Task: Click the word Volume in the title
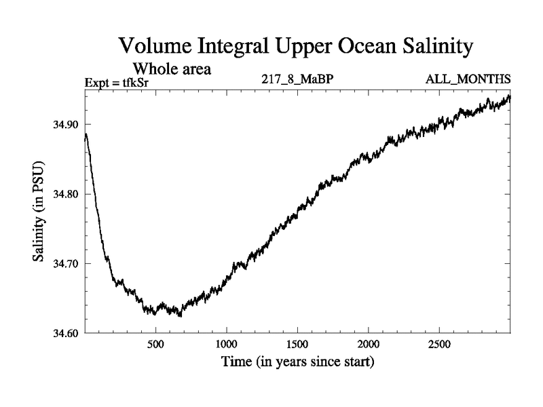(x=157, y=47)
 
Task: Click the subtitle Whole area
(x=172, y=69)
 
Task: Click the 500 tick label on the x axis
(x=156, y=343)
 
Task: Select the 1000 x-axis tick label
(x=226, y=343)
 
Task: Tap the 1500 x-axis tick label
(x=297, y=343)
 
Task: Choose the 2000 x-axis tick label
(x=369, y=343)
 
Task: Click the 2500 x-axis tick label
(x=439, y=343)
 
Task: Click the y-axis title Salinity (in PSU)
(x=39, y=212)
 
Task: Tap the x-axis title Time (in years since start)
(x=297, y=362)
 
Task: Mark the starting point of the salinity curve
(x=86, y=138)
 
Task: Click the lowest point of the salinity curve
(x=180, y=315)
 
